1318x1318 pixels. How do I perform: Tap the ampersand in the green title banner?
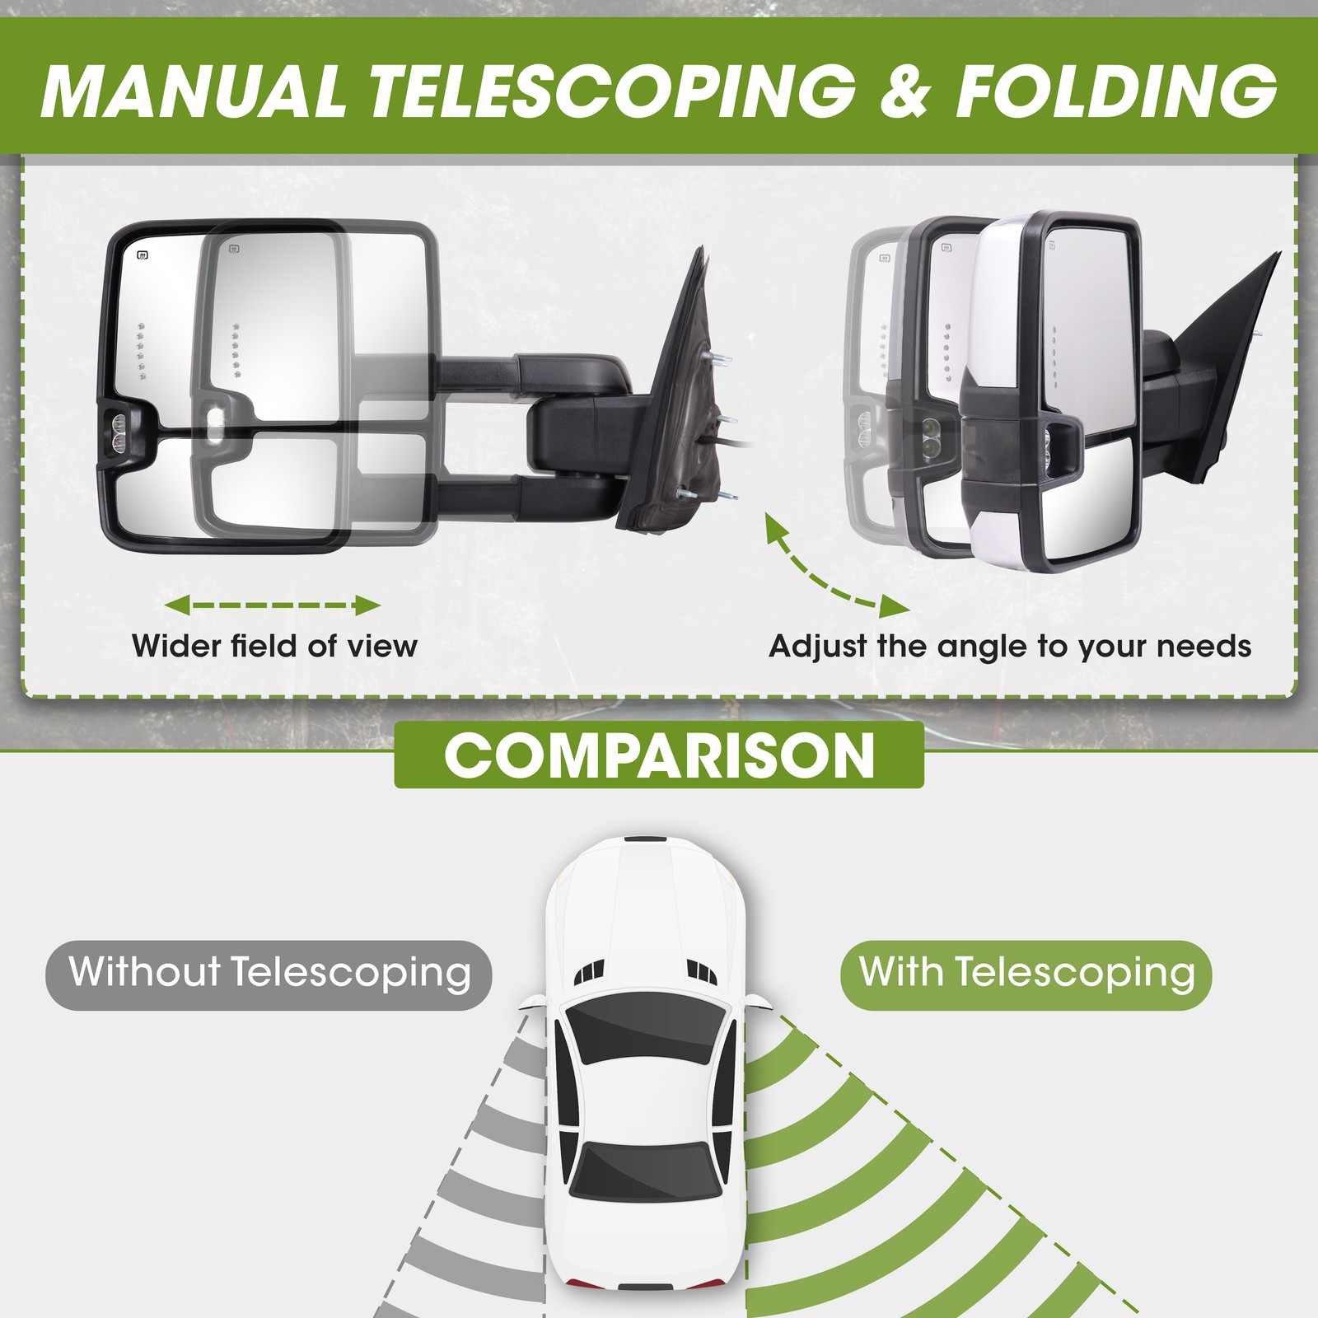[x=904, y=90]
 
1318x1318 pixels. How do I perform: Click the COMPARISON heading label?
[x=659, y=755]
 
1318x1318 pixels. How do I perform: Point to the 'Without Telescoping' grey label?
[x=269, y=974]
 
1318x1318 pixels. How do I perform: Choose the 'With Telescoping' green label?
[x=1026, y=974]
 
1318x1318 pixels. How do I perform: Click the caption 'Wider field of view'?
[x=274, y=646]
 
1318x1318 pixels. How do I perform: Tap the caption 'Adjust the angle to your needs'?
[x=1010, y=647]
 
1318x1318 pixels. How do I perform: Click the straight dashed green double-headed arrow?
[x=273, y=606]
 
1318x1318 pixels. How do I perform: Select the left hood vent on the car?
[x=590, y=972]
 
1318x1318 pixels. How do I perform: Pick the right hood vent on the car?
[x=701, y=972]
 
